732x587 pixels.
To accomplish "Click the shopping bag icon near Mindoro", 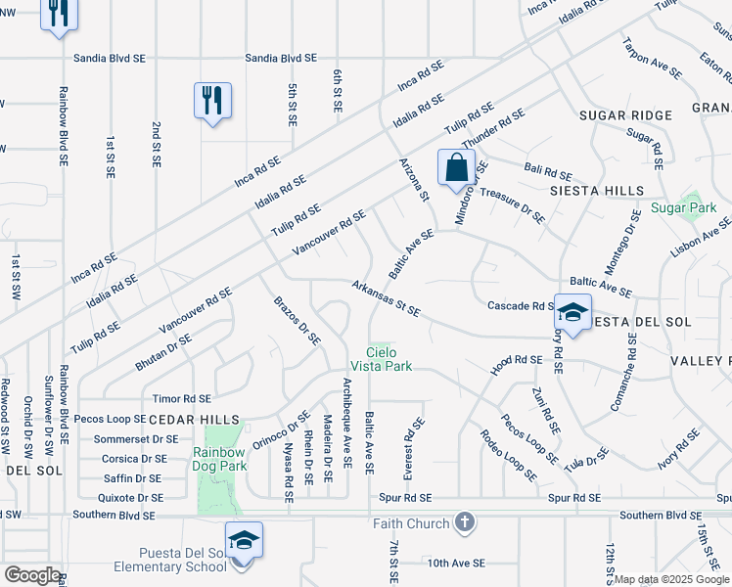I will point(456,167).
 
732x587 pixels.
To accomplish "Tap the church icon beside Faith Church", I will point(465,522).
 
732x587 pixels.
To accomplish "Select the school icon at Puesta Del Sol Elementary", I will point(243,541).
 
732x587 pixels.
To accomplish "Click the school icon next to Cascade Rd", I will point(572,313).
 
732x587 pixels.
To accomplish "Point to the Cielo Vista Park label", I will point(389,359).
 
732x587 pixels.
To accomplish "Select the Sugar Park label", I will point(684,207).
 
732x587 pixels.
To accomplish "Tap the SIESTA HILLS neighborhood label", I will point(597,190).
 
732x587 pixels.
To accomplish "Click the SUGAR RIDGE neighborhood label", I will point(625,115).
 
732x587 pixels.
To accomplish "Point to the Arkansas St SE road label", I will point(387,298).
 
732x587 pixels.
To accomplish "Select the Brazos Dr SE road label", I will point(297,319).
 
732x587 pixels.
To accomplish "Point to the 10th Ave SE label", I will point(456,563).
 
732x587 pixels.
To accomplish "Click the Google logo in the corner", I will point(32,575).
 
